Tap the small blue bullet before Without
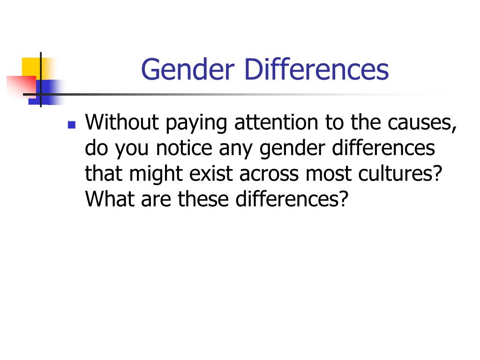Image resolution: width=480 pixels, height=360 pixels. click(71, 125)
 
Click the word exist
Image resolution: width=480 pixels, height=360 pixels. click(211, 174)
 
